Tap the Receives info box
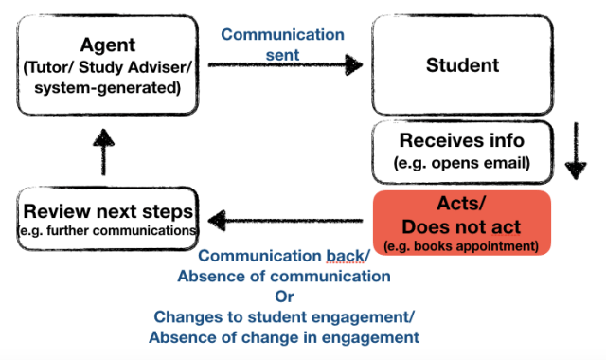[x=460, y=151]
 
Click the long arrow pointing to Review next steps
[x=290, y=223]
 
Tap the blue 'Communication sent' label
[x=282, y=43]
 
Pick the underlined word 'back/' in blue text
[x=351, y=257]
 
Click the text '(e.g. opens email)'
[x=460, y=164]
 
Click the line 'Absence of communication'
[x=284, y=277]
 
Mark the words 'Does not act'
[x=461, y=227]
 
